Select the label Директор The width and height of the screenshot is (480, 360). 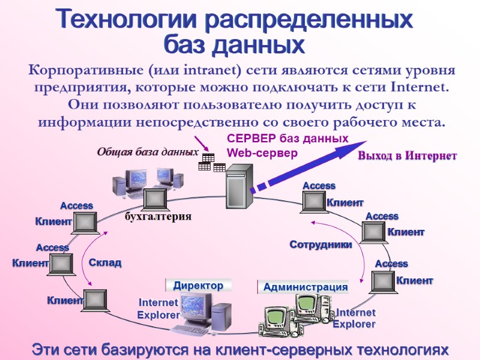(198, 286)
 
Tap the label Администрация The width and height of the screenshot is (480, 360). (305, 287)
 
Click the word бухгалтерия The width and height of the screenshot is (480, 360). (158, 217)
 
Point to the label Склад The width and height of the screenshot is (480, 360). (105, 263)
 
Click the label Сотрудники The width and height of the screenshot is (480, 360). (320, 244)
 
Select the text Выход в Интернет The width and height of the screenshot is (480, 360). (407, 156)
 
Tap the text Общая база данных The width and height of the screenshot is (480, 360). (148, 152)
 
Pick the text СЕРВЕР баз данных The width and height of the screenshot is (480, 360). (287, 139)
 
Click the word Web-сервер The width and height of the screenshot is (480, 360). (262, 153)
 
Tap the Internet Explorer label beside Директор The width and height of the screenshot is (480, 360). (158, 308)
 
